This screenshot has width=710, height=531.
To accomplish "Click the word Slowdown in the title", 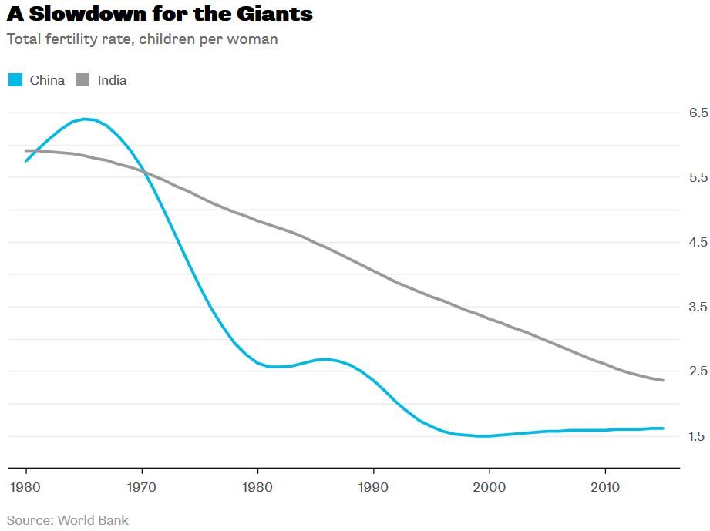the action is pyautogui.click(x=87, y=14).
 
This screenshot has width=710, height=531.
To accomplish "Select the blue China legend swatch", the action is pyautogui.click(x=15, y=80).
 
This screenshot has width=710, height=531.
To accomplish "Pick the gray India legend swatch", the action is pyautogui.click(x=82, y=80).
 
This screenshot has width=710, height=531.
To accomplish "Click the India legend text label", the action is pyautogui.click(x=112, y=81).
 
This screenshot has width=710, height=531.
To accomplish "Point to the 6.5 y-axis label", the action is pyautogui.click(x=698, y=113).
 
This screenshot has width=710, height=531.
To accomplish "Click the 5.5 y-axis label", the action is pyautogui.click(x=698, y=177).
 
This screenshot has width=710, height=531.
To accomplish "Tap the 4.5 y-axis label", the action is pyautogui.click(x=698, y=242).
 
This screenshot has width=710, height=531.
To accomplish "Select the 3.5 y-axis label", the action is pyautogui.click(x=698, y=307).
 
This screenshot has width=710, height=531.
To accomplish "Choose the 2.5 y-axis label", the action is pyautogui.click(x=698, y=371).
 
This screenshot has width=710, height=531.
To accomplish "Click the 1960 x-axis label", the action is pyautogui.click(x=25, y=487).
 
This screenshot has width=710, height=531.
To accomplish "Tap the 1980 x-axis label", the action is pyautogui.click(x=257, y=487).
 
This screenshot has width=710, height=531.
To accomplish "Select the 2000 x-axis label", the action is pyautogui.click(x=489, y=487).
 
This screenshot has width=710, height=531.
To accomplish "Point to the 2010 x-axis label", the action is pyautogui.click(x=605, y=487).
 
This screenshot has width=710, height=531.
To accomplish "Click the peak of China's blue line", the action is pyautogui.click(x=85, y=119).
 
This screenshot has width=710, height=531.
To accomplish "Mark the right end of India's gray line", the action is pyautogui.click(x=663, y=380).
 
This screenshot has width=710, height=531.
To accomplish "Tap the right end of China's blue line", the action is pyautogui.click(x=663, y=428).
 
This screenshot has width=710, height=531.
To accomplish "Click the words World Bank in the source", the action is pyautogui.click(x=93, y=520).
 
